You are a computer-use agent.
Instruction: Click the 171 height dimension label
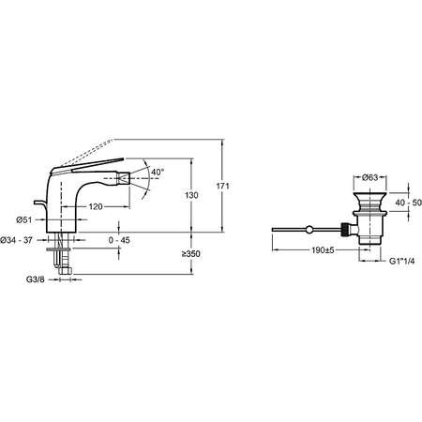pyautogui.click(x=222, y=186)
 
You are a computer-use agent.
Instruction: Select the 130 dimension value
pyautogui.click(x=191, y=195)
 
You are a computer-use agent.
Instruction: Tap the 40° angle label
pyautogui.click(x=158, y=172)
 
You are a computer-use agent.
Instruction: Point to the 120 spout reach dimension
pyautogui.click(x=96, y=206)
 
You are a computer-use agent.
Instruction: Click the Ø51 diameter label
pyautogui.click(x=24, y=219)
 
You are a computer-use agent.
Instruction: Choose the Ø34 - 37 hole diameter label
pyautogui.click(x=17, y=240)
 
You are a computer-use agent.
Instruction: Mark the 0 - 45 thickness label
pyautogui.click(x=119, y=240)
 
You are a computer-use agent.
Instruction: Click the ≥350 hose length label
pyautogui.click(x=191, y=254)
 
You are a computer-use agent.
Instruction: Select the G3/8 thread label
pyautogui.click(x=36, y=279)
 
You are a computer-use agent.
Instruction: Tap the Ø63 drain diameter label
pyautogui.click(x=370, y=177)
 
